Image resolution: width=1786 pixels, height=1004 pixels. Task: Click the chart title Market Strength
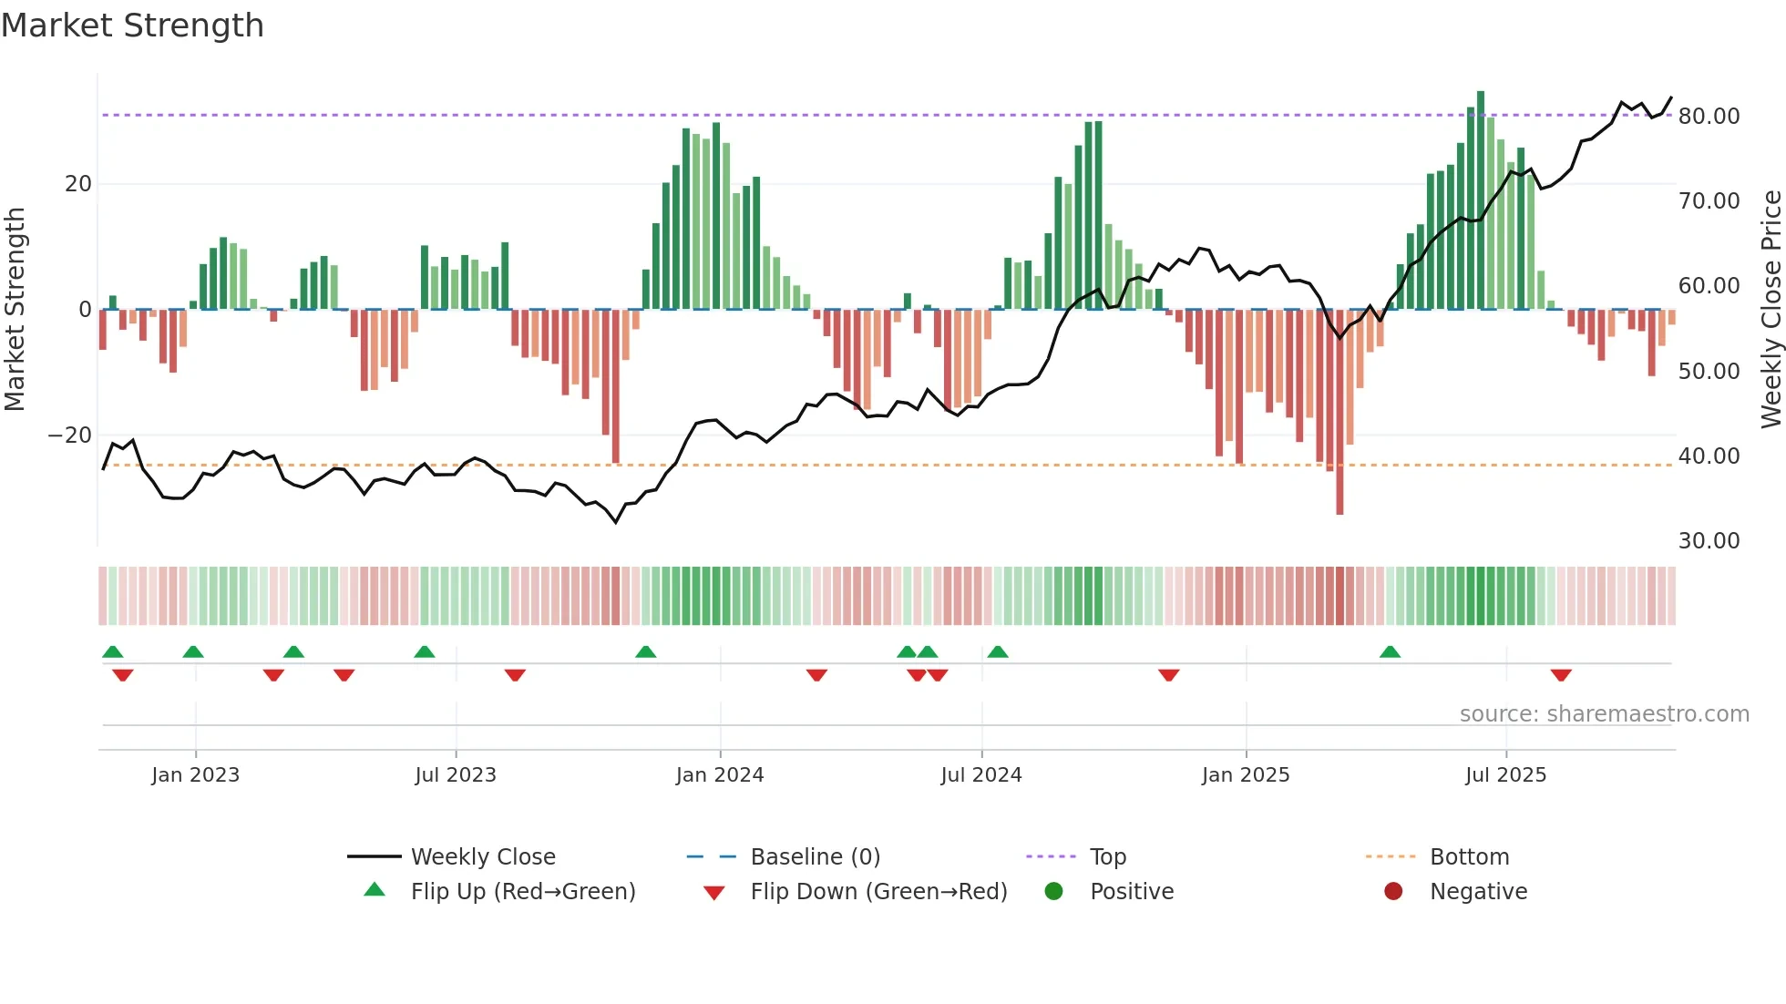click(x=132, y=26)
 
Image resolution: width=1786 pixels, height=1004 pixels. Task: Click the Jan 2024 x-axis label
click(x=720, y=775)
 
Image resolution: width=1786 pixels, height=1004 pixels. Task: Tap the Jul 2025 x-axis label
click(x=1505, y=775)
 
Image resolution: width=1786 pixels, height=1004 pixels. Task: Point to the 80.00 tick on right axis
click(x=1709, y=117)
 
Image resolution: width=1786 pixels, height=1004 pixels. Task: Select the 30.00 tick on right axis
click(x=1709, y=541)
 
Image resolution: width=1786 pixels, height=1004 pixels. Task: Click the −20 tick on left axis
click(x=70, y=435)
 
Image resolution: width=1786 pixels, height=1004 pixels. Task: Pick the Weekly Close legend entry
click(x=482, y=857)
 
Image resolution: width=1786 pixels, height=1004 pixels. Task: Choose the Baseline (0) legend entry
click(x=815, y=857)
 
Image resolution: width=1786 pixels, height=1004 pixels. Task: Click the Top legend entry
click(x=1107, y=857)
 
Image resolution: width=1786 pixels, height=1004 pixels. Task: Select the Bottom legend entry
click(x=1469, y=857)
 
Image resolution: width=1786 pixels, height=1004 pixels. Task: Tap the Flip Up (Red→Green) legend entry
click(x=522, y=892)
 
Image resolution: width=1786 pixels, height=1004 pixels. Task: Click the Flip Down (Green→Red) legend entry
click(x=878, y=892)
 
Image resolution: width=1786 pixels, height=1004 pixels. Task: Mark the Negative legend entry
click(x=1478, y=892)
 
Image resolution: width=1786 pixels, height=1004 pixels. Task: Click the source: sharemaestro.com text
click(x=1604, y=714)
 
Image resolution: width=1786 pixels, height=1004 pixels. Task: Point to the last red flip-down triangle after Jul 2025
click(x=1561, y=675)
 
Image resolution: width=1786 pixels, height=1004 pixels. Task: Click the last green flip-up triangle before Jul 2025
click(x=1390, y=652)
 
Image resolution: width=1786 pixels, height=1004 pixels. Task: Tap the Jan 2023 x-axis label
click(x=195, y=775)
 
